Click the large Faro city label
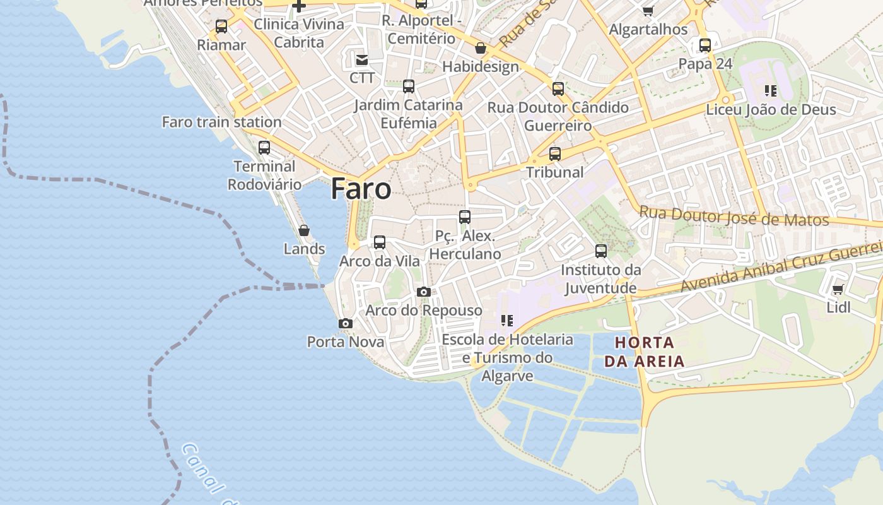click(361, 189)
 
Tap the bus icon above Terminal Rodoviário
click(264, 148)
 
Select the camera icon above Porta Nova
click(345, 323)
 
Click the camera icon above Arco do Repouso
click(424, 292)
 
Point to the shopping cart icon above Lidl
click(838, 289)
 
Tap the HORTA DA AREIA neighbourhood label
click(644, 352)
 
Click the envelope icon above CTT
click(362, 60)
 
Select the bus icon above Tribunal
click(555, 153)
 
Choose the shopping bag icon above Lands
click(304, 230)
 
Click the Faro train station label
click(221, 122)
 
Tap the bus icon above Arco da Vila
click(380, 242)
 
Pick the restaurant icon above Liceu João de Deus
click(770, 91)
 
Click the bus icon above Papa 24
click(705, 45)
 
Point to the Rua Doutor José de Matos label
click(734, 216)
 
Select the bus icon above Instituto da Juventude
click(601, 251)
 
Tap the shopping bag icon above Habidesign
click(481, 48)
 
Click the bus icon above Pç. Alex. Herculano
click(465, 217)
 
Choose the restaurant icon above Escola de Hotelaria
click(506, 321)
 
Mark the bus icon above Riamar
click(221, 27)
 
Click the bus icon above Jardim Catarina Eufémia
click(409, 86)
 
